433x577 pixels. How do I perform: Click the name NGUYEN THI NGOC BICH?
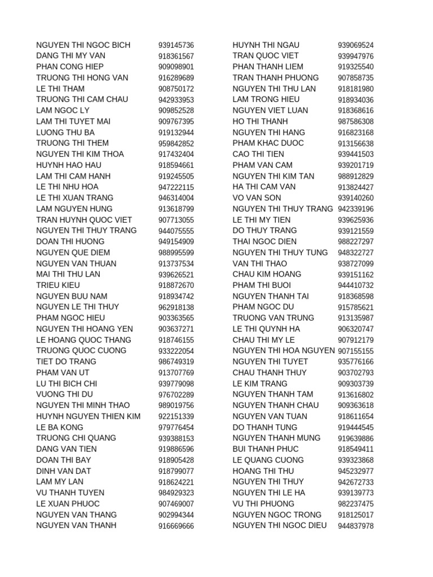coord(83,45)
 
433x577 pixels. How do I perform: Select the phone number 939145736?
coord(176,46)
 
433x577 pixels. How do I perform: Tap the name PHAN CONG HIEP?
coord(70,66)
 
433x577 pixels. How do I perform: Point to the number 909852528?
coord(176,111)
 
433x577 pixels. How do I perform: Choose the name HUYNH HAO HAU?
coord(68,165)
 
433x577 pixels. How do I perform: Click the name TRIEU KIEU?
coord(58,285)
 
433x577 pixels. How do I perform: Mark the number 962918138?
coord(176,308)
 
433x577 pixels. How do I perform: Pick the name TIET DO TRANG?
coord(66,362)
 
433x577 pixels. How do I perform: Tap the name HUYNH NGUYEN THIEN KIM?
coord(89,416)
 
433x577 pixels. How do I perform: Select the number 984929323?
coord(176,493)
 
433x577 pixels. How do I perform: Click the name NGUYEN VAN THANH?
coord(76,526)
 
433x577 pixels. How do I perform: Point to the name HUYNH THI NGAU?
coord(266,45)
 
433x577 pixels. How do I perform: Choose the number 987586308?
coord(356,122)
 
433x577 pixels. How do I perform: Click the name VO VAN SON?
coord(257,198)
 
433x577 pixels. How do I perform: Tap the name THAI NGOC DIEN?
coord(264,242)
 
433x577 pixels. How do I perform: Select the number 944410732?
coord(356,286)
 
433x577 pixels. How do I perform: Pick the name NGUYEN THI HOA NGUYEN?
coord(284,350)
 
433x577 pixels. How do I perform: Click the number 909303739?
coord(356,384)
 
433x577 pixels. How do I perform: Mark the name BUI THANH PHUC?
coord(266,449)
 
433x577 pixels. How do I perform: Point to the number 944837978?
coord(356,526)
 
